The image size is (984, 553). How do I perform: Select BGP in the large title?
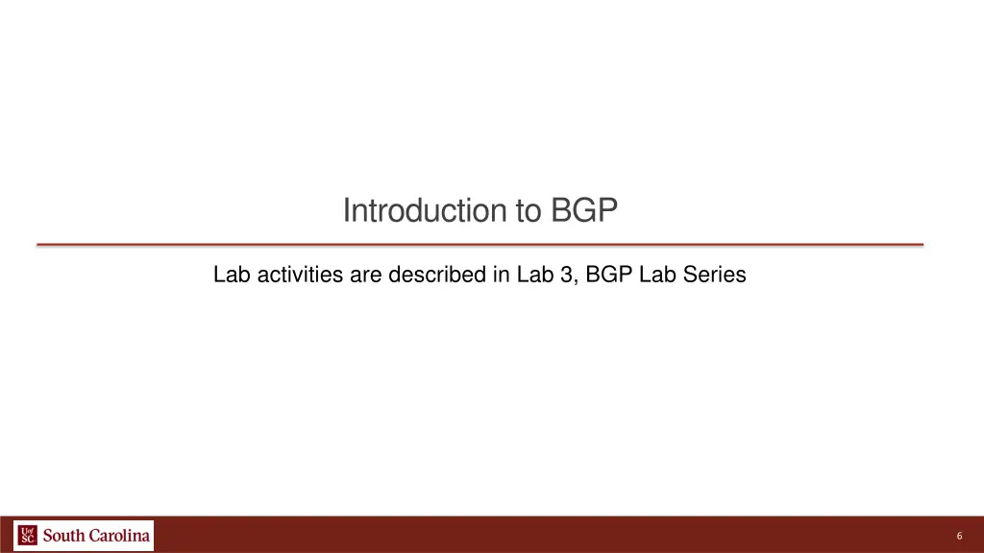(584, 210)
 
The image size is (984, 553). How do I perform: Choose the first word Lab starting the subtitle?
(230, 276)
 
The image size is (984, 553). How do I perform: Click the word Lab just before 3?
(532, 276)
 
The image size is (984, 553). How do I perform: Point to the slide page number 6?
(959, 536)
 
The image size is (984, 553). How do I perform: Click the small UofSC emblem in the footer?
(27, 535)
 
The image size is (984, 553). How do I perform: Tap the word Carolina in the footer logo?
(120, 535)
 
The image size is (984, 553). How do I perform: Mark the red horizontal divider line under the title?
(480, 245)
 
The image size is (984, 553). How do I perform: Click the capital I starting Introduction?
(347, 210)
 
